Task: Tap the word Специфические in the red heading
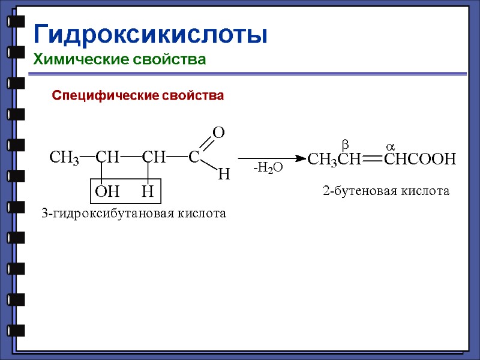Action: pyautogui.click(x=99, y=95)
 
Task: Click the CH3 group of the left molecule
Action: pyautogui.click(x=64, y=158)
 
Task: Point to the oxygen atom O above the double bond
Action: pyautogui.click(x=219, y=133)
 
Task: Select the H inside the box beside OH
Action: pyautogui.click(x=148, y=192)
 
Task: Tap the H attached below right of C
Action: pyautogui.click(x=223, y=175)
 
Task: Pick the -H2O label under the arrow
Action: pyautogui.click(x=268, y=170)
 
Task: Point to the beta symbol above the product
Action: pyautogui.click(x=345, y=144)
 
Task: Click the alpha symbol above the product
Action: pyautogui.click(x=389, y=146)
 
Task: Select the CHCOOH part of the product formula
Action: pyautogui.click(x=420, y=159)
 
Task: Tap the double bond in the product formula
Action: pyautogui.click(x=372, y=159)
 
